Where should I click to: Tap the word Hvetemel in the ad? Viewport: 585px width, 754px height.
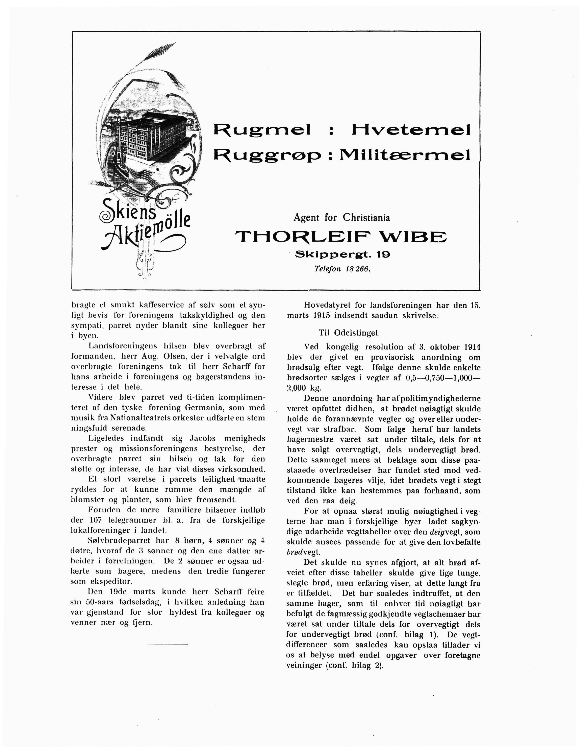pyautogui.click(x=411, y=130)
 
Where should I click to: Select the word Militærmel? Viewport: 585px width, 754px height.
pyautogui.click(x=405, y=155)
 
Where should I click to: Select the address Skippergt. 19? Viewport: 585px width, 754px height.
pyautogui.click(x=342, y=255)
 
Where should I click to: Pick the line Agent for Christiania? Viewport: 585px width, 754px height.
pyautogui.click(x=342, y=218)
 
